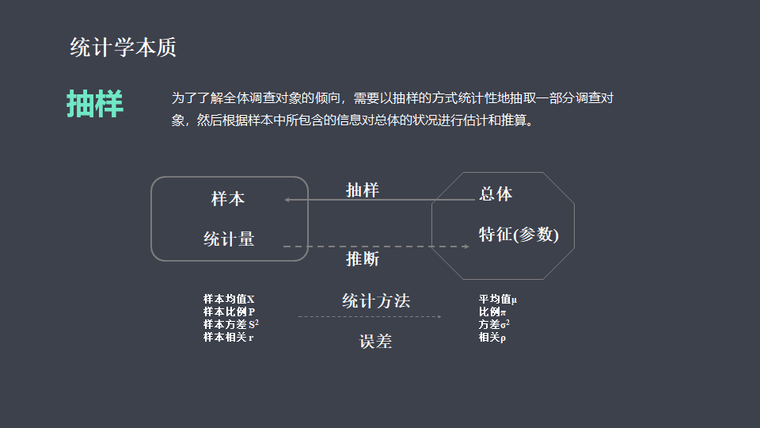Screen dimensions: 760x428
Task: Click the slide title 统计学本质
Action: tap(123, 48)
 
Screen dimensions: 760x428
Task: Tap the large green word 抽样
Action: tap(95, 104)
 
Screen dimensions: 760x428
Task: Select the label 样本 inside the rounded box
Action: tap(228, 199)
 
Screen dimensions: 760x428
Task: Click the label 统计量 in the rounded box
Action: tap(229, 239)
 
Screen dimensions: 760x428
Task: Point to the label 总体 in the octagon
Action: tap(496, 194)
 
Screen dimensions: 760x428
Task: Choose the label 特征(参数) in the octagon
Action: tap(519, 235)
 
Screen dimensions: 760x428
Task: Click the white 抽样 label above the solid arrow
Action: tap(363, 190)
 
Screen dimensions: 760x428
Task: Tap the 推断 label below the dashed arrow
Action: tap(363, 259)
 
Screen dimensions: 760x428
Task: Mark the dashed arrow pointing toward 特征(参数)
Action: tap(377, 246)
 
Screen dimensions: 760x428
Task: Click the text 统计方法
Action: tap(376, 301)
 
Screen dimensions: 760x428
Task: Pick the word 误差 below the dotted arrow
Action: tap(375, 342)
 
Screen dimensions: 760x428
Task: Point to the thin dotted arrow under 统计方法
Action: tap(370, 317)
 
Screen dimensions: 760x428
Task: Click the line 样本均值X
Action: tap(229, 300)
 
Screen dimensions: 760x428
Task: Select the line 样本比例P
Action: tap(229, 311)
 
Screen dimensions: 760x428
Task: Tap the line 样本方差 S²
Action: tap(231, 324)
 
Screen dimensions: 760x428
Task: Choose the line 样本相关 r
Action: tap(228, 337)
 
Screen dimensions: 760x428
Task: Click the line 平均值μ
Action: tap(497, 300)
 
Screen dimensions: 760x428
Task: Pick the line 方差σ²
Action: tap(494, 324)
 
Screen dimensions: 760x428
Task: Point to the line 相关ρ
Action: tap(492, 337)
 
